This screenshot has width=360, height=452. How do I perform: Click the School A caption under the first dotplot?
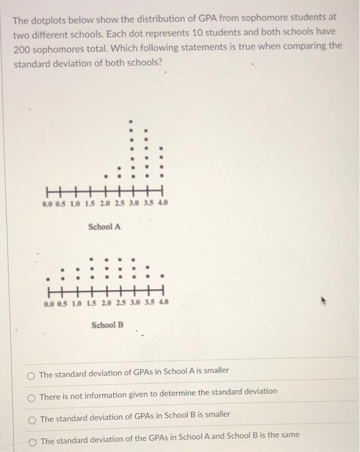(104, 227)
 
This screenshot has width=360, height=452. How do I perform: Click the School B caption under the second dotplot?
(107, 325)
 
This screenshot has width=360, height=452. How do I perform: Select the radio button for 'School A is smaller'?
(31, 374)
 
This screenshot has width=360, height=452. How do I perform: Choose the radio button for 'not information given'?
(31, 396)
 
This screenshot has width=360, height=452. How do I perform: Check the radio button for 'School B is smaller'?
(31, 419)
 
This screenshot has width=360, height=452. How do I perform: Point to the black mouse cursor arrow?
(321, 300)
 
